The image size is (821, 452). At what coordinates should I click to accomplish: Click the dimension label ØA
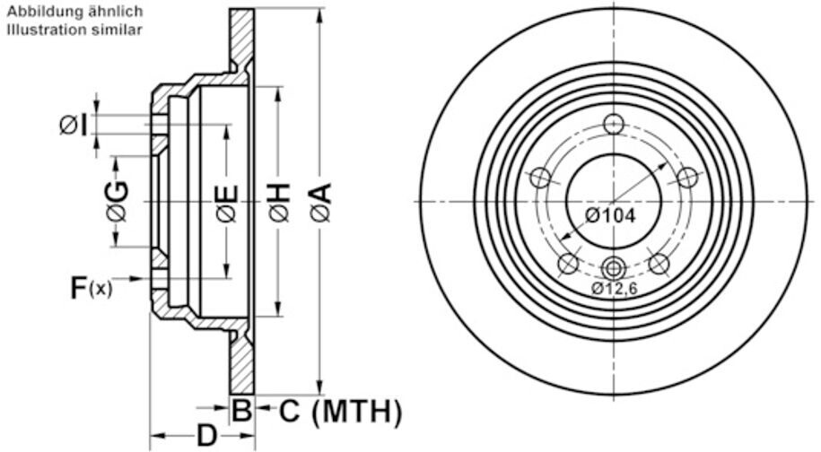pyautogui.click(x=321, y=202)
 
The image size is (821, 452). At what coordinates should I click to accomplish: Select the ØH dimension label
pyautogui.click(x=279, y=202)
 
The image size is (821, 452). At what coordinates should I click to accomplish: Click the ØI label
pyautogui.click(x=74, y=126)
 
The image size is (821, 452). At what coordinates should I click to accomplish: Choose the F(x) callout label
pyautogui.click(x=92, y=288)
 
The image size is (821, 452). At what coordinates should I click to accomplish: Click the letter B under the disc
pyautogui.click(x=242, y=411)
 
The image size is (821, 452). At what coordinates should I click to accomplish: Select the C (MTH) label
pyautogui.click(x=340, y=411)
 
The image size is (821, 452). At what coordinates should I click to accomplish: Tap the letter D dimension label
pyautogui.click(x=207, y=435)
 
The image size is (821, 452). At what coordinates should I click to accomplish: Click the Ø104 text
pyautogui.click(x=610, y=215)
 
